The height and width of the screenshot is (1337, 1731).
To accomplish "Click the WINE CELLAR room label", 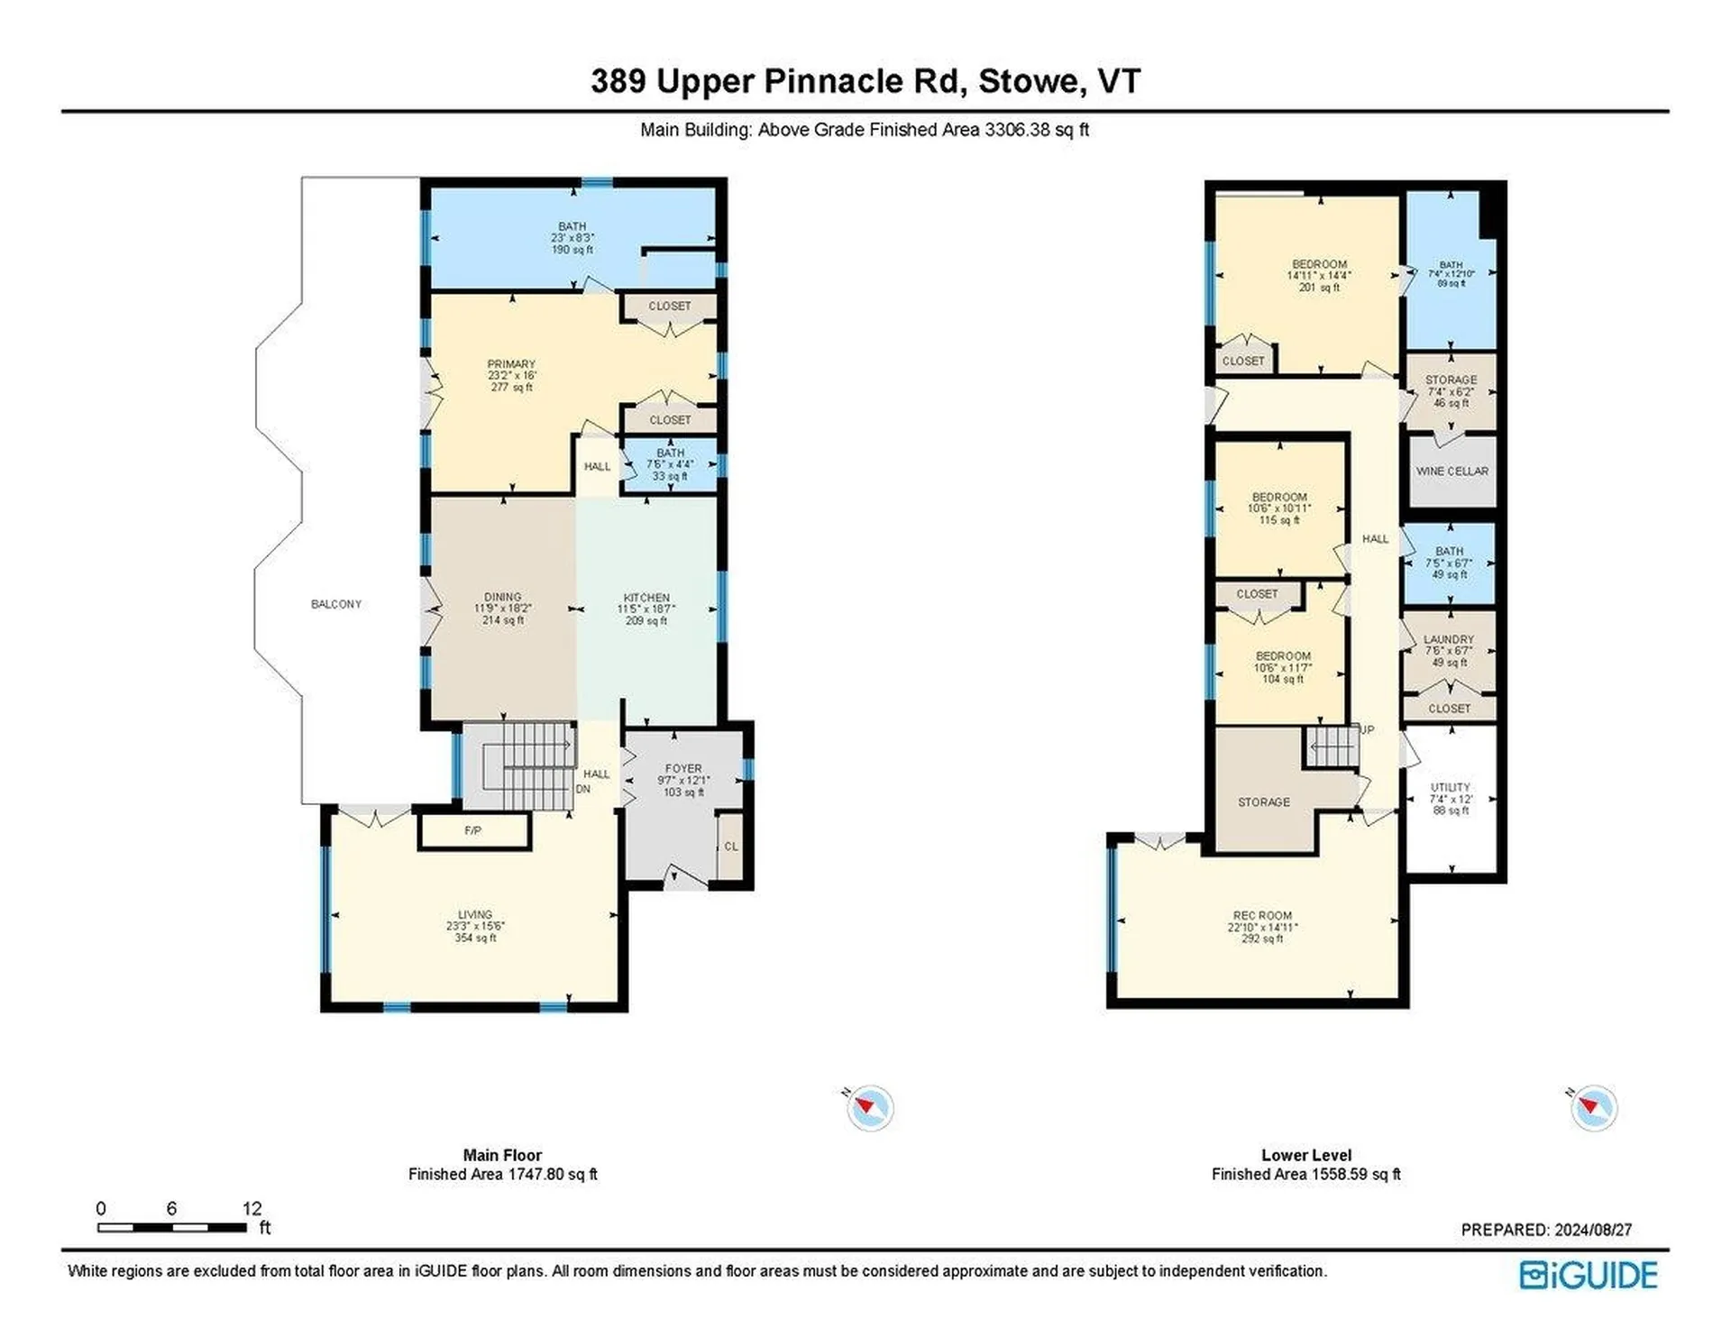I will (x=1452, y=471).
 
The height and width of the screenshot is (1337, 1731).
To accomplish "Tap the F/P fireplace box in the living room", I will (x=473, y=830).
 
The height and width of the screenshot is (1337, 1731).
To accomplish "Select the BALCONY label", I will (x=336, y=604).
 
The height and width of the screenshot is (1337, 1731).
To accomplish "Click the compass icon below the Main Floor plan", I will (x=870, y=1107).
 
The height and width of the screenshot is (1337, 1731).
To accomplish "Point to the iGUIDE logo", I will (x=1589, y=1275).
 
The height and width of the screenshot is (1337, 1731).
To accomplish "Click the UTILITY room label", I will (x=1450, y=787).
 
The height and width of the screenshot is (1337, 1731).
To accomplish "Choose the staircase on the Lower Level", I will (x=1333, y=746).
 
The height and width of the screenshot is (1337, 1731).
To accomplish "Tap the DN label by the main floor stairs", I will (x=583, y=789).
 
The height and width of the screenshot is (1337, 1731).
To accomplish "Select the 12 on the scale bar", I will (x=252, y=1208).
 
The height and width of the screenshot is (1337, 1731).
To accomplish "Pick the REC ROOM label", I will (x=1262, y=915).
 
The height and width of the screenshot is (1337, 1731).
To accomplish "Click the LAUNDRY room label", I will (x=1449, y=639).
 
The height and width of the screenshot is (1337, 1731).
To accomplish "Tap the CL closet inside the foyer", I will (x=731, y=846).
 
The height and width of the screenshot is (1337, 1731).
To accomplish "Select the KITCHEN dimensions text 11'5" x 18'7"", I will (x=646, y=609).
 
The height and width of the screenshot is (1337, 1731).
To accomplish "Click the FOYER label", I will (x=683, y=769).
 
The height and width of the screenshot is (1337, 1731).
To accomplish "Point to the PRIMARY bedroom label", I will (x=511, y=364).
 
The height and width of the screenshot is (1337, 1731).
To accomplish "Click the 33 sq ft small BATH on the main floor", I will (x=670, y=463).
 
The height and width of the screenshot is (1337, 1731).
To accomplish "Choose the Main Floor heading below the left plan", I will (x=502, y=1155).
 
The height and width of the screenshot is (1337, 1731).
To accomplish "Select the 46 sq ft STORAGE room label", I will (x=1451, y=380).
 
